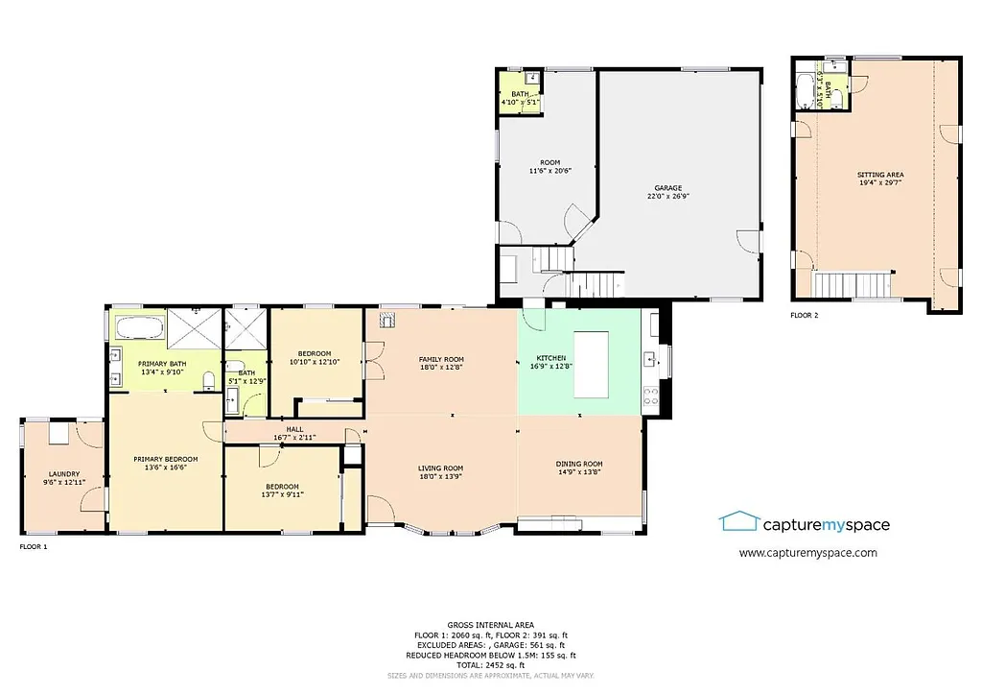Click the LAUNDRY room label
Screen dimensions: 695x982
64,474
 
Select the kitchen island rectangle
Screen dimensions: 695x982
592,364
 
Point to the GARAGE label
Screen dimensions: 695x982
667,188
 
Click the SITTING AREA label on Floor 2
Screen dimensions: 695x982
879,175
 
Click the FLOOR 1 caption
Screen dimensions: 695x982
34,546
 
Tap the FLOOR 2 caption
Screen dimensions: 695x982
806,315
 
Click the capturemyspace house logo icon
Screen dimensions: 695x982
737,521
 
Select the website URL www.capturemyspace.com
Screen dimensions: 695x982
807,553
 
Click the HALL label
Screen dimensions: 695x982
294,430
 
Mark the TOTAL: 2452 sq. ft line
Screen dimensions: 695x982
490,665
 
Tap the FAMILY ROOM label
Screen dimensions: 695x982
441,359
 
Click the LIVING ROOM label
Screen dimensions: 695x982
441,468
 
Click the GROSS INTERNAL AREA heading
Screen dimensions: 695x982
490,624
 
